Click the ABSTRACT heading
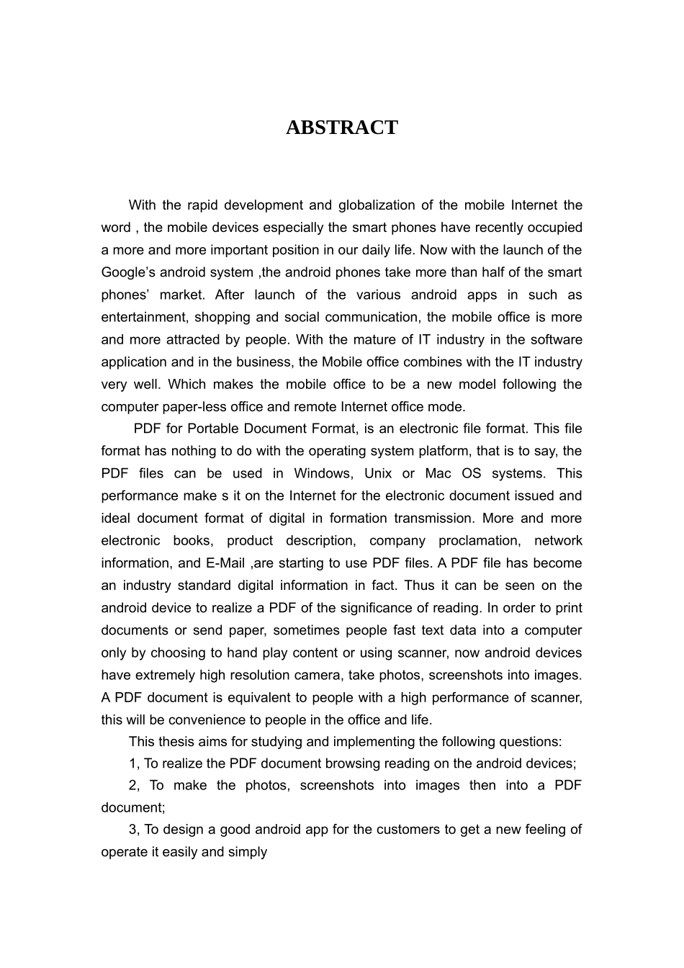(x=341, y=127)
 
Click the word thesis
(x=176, y=741)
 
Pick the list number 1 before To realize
(x=132, y=763)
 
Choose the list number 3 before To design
(x=132, y=829)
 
